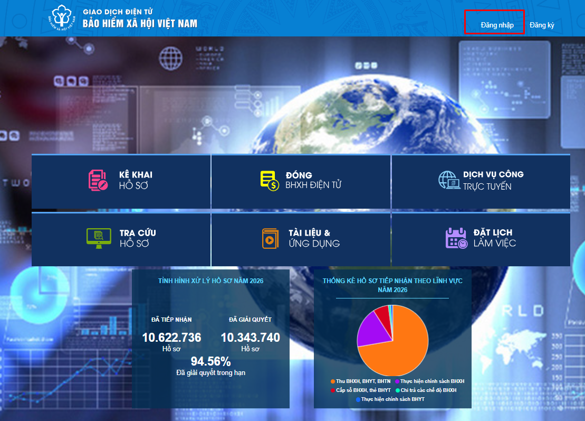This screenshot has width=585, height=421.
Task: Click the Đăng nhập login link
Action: (x=497, y=25)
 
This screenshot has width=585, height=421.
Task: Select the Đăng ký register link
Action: (x=542, y=25)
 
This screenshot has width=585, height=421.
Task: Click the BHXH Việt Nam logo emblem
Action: (x=62, y=17)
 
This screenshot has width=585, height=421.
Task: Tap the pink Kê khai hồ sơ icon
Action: (x=98, y=180)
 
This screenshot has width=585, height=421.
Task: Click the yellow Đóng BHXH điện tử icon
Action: (x=270, y=181)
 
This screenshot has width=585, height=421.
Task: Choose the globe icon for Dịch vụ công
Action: (x=449, y=180)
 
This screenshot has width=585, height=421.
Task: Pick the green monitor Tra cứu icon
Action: (x=99, y=238)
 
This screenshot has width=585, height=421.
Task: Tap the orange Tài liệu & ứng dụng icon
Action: (x=270, y=238)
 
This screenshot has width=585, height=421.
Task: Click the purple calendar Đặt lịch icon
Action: (x=456, y=238)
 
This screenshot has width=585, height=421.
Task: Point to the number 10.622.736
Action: (x=171, y=338)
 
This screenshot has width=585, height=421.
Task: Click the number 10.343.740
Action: (x=251, y=338)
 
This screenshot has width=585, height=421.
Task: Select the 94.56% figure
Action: (x=211, y=361)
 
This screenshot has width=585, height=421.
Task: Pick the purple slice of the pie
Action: (x=371, y=330)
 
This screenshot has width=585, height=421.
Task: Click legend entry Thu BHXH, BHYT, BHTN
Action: (x=360, y=381)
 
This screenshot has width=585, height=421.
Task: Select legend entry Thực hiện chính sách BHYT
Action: (x=390, y=399)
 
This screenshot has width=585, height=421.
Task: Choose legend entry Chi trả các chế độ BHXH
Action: (x=426, y=390)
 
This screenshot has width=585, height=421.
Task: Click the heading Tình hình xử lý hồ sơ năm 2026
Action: (x=211, y=281)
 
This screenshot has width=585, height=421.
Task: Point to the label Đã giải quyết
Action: (x=251, y=320)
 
